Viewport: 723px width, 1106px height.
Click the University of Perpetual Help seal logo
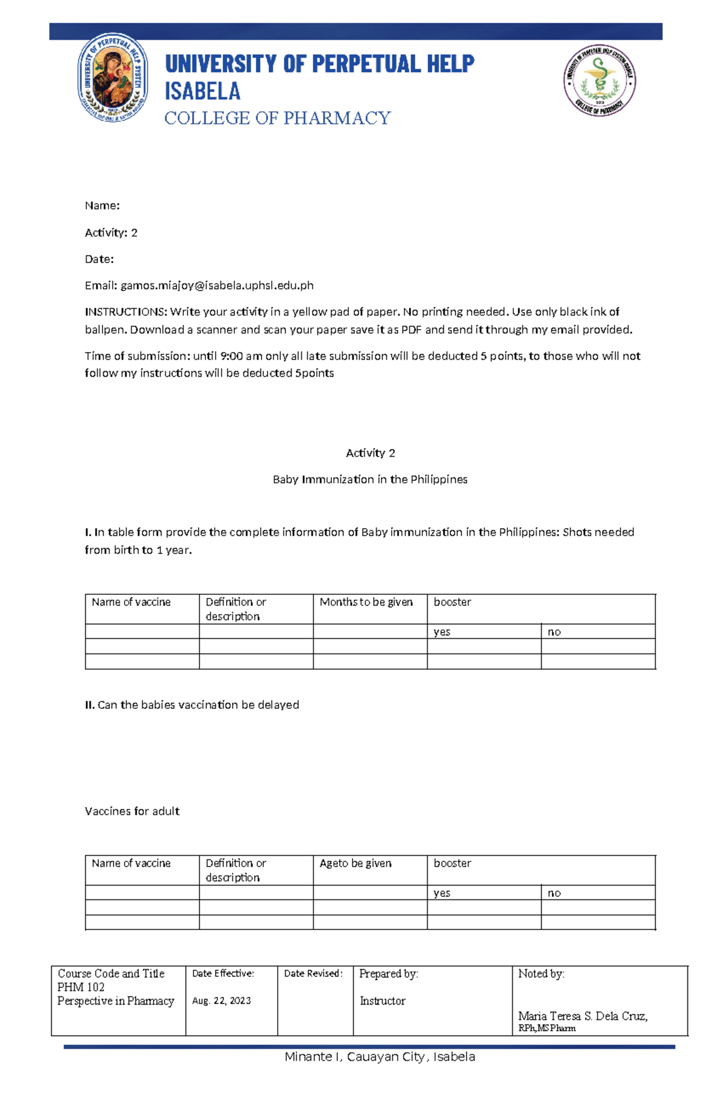(x=113, y=78)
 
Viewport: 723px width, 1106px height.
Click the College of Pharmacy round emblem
(x=599, y=80)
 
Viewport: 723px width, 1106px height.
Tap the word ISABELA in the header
(x=202, y=92)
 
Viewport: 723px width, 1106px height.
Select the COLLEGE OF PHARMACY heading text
(x=278, y=118)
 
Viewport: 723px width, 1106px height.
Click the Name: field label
(x=102, y=206)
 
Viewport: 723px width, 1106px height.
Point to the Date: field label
(x=99, y=259)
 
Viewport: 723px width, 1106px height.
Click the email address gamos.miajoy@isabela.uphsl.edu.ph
(x=217, y=286)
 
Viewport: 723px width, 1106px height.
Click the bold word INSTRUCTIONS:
(x=125, y=312)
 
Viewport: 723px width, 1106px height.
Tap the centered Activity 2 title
(x=370, y=453)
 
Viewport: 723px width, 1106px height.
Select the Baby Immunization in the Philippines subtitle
(x=370, y=480)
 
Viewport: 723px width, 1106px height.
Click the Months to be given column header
(x=366, y=602)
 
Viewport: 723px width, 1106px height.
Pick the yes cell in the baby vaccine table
(x=442, y=632)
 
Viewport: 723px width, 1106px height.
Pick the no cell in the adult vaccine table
(x=554, y=893)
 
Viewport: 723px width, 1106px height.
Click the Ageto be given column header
(x=355, y=864)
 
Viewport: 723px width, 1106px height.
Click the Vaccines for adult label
(x=132, y=811)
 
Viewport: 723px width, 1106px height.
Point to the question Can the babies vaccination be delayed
(x=198, y=705)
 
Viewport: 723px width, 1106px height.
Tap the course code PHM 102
(x=81, y=987)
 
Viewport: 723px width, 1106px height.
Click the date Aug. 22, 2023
(x=221, y=1001)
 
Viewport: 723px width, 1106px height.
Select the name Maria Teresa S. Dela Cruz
(x=582, y=1016)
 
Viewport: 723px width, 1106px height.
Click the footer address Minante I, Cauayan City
(x=380, y=1057)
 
